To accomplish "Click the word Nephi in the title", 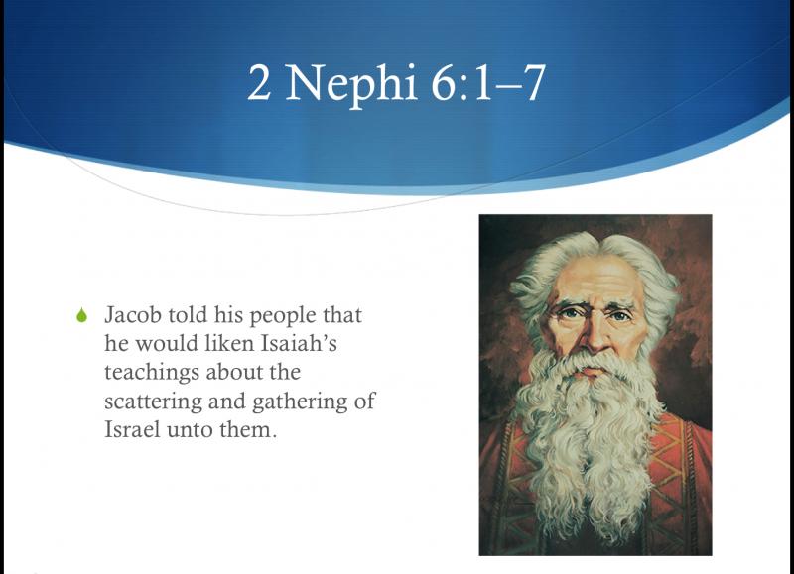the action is point(351,84).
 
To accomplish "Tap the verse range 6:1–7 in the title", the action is point(488,83).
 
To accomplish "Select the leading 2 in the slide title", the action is point(259,83).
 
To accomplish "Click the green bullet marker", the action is point(81,315).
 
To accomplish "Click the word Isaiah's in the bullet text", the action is point(299,343).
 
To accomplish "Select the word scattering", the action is point(154,402).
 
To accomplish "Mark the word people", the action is point(283,316).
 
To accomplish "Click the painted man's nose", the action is point(594,336).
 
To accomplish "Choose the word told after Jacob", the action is point(189,315).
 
